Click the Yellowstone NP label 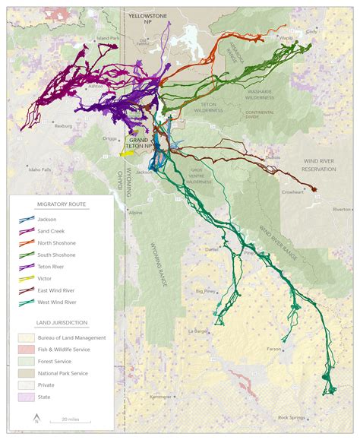click(148, 18)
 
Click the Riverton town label click(342, 209)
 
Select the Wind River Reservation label click(317, 165)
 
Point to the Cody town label click(311, 32)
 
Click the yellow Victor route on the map click(128, 152)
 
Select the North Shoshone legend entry click(56, 242)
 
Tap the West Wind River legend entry click(57, 302)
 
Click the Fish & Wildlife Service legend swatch click(24, 349)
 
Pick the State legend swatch click(24, 396)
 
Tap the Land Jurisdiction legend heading click(60, 323)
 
